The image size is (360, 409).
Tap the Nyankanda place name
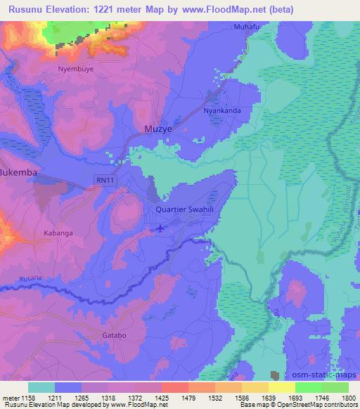click(x=222, y=110)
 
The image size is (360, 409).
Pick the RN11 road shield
click(x=103, y=181)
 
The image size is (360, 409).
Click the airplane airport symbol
click(x=160, y=228)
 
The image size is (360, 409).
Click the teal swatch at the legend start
click(x=41, y=387)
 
